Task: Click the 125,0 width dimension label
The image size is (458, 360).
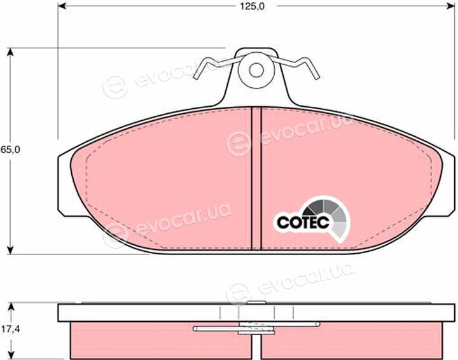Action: pos(252,6)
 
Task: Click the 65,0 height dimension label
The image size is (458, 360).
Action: pos(10,149)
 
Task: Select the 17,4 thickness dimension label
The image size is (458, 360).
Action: pos(10,329)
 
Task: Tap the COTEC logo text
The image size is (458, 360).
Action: pos(303,223)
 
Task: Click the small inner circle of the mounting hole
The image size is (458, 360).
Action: pos(256,70)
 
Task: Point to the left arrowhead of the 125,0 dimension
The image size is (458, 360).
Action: pos(62,6)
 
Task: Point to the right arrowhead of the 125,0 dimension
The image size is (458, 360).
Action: pos(451,6)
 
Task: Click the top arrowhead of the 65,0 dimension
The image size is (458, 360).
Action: pos(10,52)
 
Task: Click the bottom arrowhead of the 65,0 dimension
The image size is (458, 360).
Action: pos(10,249)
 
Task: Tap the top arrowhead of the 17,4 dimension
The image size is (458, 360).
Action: pos(11,307)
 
